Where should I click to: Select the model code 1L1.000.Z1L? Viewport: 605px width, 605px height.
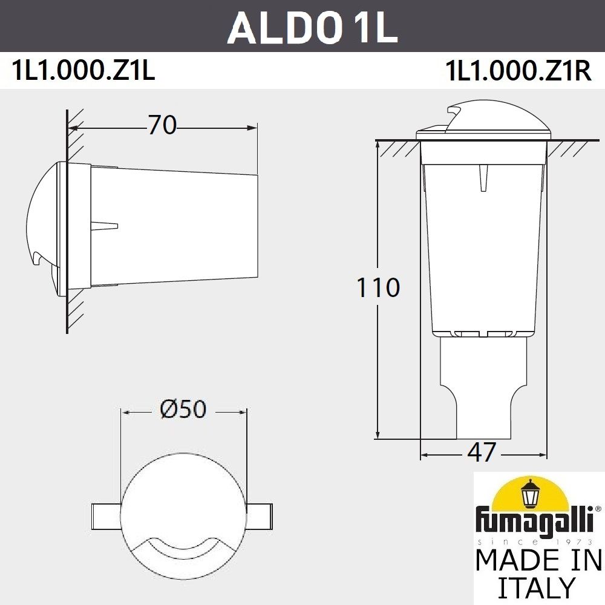(x=83, y=71)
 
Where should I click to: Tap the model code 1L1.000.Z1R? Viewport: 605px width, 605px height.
(x=517, y=71)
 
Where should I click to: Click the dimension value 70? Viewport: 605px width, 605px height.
(x=162, y=126)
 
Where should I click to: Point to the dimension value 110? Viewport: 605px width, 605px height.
(x=378, y=287)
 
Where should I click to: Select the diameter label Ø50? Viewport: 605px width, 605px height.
(x=183, y=410)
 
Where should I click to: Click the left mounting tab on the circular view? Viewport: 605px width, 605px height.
(x=106, y=514)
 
